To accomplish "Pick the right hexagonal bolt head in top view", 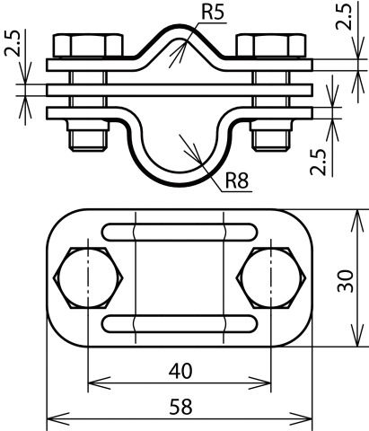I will click(x=269, y=277).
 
